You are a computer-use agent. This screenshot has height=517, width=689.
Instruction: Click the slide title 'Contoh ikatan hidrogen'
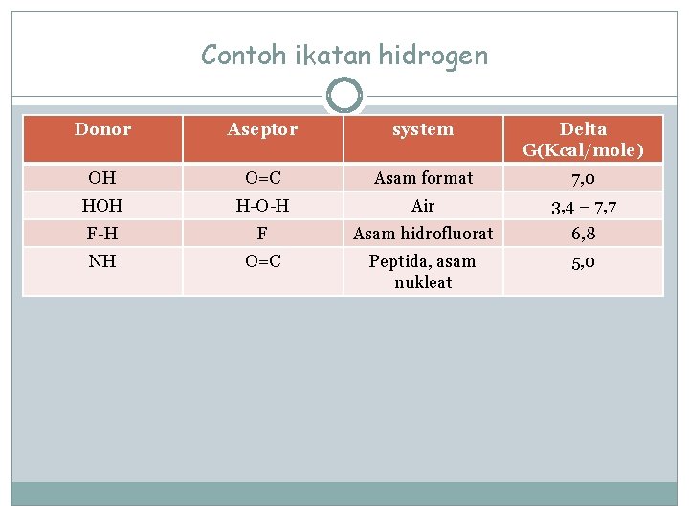344,56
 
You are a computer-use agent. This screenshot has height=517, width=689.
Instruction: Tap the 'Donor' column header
102,129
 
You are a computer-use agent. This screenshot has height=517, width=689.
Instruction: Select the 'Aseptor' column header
262,129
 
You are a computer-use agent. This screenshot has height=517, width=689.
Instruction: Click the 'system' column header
423,129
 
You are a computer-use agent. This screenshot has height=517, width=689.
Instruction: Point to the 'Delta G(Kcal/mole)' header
583,139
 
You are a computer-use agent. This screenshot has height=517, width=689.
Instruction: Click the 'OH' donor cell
102,178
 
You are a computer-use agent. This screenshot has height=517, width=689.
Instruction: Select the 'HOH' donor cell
102,206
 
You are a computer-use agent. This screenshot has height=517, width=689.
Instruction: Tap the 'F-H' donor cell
102,233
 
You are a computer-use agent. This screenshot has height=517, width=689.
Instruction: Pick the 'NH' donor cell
102,261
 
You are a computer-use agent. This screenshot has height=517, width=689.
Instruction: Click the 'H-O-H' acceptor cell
262,206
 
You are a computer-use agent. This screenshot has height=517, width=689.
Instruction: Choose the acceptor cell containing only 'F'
262,233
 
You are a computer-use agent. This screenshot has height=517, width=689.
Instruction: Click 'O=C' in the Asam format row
262,178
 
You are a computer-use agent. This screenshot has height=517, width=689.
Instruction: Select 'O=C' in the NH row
262,261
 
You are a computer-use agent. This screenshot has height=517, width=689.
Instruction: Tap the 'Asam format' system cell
423,178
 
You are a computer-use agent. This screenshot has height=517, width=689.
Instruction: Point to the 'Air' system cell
423,206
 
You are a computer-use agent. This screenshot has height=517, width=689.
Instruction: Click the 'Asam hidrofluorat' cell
423,233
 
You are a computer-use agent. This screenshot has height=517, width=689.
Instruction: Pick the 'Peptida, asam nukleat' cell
423,272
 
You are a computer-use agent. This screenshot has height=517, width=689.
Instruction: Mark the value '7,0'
583,179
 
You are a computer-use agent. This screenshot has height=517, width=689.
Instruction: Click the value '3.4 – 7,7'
583,208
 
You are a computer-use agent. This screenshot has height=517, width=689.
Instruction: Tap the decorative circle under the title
344,96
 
